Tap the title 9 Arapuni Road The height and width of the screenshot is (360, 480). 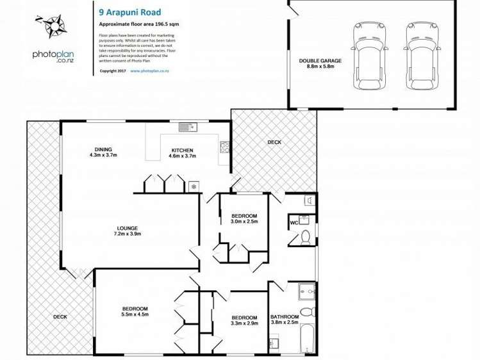[126, 11]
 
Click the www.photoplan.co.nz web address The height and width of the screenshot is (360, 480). [149, 71]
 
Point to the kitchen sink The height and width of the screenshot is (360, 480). [187, 127]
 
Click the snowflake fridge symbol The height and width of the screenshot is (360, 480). [194, 186]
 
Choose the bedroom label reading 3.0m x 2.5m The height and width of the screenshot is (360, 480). [244, 218]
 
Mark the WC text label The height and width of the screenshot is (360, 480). [294, 223]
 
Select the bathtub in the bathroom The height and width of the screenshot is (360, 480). [308, 340]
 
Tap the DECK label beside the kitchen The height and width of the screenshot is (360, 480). [274, 142]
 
